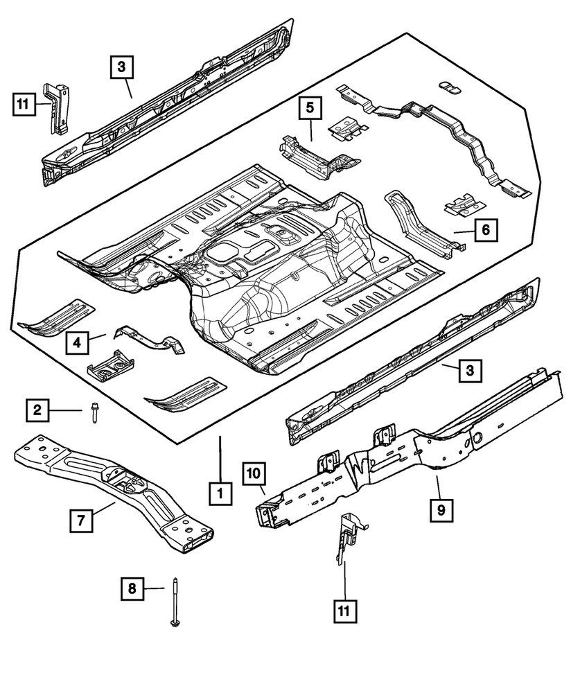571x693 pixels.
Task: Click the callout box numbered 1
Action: pyautogui.click(x=219, y=493)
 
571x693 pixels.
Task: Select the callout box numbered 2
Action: pyautogui.click(x=38, y=412)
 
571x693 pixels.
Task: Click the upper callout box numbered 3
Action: pyautogui.click(x=121, y=67)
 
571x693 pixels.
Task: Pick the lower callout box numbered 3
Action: pyautogui.click(x=469, y=372)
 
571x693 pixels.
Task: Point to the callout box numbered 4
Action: pyautogui.click(x=78, y=342)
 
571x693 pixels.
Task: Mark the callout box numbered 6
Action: pyautogui.click(x=486, y=229)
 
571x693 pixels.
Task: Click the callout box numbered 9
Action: pyautogui.click(x=441, y=511)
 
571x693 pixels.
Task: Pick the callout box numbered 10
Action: pyautogui.click(x=254, y=474)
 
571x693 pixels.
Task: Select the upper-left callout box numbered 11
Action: pyautogui.click(x=23, y=105)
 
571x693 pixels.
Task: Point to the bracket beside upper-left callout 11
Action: pyautogui.click(x=58, y=107)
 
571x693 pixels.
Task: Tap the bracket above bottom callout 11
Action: pyautogui.click(x=346, y=540)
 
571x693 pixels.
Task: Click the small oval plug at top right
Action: pyautogui.click(x=448, y=85)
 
